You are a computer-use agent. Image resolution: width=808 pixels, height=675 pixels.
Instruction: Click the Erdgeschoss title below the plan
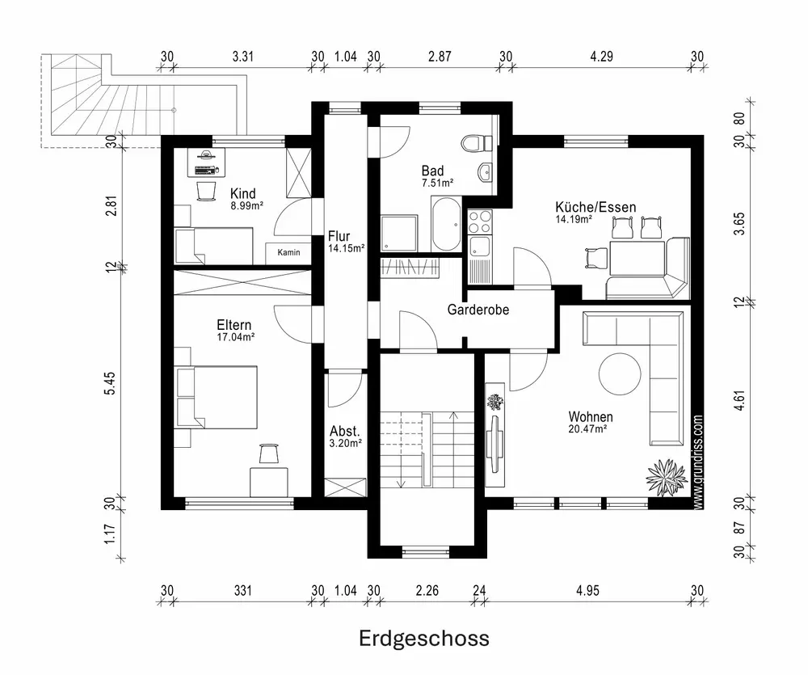click(423, 639)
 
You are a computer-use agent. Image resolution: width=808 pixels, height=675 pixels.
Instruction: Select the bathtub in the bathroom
click(446, 225)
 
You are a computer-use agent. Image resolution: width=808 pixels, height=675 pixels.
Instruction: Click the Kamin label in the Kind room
click(288, 252)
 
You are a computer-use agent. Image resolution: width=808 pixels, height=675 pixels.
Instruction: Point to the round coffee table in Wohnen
click(620, 374)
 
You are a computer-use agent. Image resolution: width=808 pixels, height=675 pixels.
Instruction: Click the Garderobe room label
click(478, 310)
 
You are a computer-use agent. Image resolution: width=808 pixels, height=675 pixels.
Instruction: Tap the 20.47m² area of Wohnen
click(587, 429)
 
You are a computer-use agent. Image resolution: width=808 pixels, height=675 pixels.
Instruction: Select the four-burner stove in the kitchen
click(480, 221)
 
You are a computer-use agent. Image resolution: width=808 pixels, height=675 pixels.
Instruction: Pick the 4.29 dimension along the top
click(601, 57)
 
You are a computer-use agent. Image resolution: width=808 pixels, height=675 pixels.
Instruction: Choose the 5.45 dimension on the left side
click(110, 383)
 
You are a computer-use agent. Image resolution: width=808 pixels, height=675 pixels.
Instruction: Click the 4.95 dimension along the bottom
click(587, 590)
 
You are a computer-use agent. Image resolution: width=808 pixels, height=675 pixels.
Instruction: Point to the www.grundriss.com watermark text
click(698, 462)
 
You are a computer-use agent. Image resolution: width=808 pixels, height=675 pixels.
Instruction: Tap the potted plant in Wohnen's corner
click(667, 478)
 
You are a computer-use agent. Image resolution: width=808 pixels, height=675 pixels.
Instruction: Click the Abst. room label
click(345, 431)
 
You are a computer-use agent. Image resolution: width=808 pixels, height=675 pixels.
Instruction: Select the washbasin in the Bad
click(485, 172)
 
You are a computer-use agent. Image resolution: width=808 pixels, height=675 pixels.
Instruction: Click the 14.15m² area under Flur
click(347, 248)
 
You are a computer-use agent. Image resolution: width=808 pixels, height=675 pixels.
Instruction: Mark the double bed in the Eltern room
click(216, 397)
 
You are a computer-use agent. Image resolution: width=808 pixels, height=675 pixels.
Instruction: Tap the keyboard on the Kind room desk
click(206, 171)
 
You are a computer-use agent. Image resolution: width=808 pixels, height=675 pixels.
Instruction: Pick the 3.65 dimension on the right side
click(739, 224)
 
